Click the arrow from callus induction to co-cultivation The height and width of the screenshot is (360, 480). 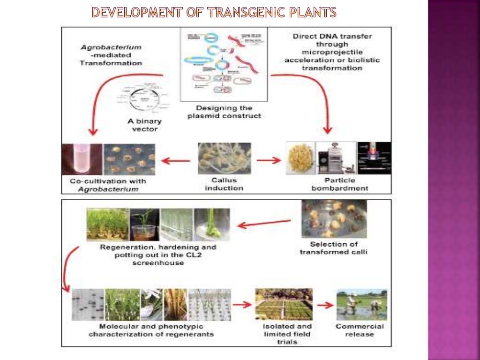point(175,161)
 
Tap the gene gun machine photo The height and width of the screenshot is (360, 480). point(335,159)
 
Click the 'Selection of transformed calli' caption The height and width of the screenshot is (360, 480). point(334,248)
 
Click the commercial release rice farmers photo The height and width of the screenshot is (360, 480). point(361,305)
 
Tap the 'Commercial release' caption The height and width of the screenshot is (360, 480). point(360,330)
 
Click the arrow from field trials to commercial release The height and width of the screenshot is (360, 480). point(324,305)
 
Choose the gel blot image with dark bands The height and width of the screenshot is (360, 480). point(87,305)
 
